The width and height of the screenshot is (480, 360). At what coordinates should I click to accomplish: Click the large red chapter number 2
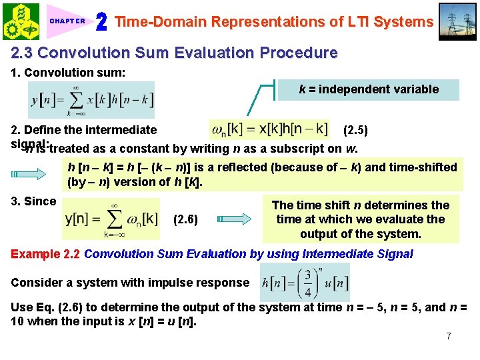(101, 21)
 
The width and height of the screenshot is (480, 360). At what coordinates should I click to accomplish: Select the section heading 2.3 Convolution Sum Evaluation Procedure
(174, 53)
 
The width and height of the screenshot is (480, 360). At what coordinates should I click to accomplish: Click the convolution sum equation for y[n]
(91, 100)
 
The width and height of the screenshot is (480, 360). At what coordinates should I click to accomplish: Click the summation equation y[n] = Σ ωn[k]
(111, 219)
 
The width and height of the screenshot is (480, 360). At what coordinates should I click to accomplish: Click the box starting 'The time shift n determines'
(361, 219)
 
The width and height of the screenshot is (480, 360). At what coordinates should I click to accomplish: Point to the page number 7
(449, 336)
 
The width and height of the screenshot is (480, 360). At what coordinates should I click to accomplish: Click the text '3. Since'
(33, 201)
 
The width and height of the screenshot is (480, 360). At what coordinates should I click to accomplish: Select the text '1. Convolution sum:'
(68, 73)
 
